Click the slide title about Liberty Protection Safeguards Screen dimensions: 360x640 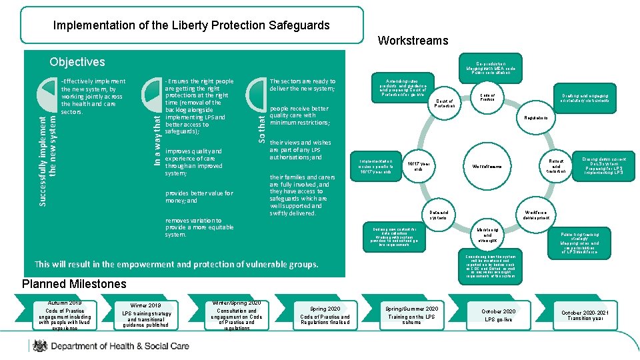[191, 25]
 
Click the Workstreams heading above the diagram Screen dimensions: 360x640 [413, 41]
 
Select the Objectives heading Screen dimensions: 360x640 [77, 62]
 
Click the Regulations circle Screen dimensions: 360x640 [535, 118]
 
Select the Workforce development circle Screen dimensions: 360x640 [536, 215]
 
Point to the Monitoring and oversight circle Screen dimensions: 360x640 [487, 235]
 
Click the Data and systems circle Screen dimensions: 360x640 [438, 215]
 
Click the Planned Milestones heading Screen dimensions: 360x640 [74, 284]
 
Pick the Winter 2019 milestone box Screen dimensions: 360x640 [146, 314]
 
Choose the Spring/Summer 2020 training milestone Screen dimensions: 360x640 [411, 314]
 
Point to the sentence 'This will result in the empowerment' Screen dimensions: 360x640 [177, 264]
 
